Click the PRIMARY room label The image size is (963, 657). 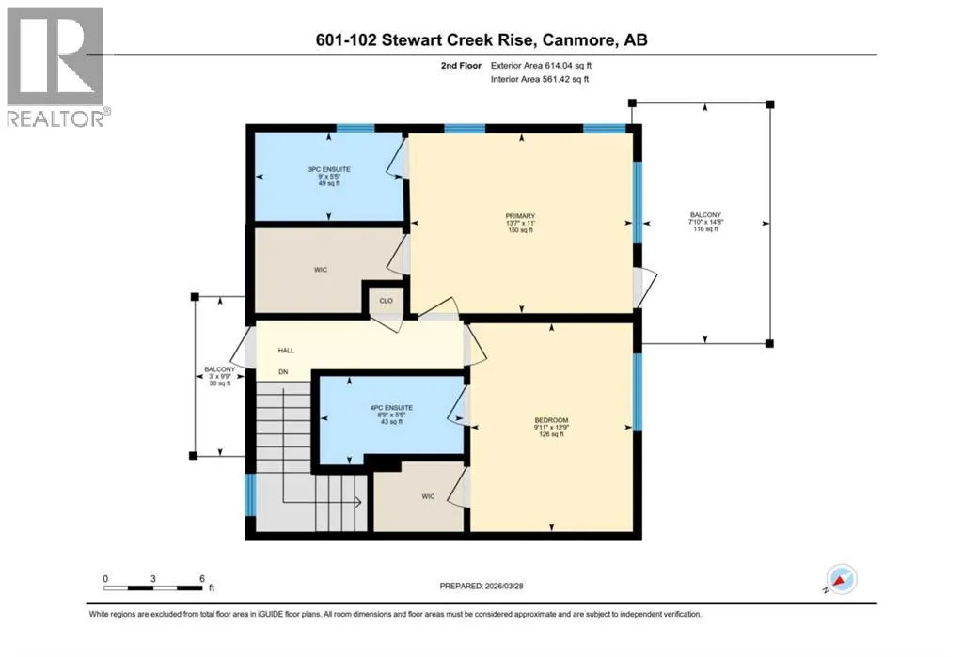coord(520,216)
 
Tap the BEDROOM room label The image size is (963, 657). coord(551,420)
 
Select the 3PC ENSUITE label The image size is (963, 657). coord(329,169)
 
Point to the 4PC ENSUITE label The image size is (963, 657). coord(391,408)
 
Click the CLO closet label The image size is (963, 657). coord(386,301)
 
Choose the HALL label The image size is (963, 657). coord(286,351)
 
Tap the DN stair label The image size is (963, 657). coord(283,372)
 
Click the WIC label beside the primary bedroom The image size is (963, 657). coord(321,270)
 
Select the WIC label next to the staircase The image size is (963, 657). coord(428,496)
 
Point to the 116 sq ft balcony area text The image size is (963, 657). coord(705,229)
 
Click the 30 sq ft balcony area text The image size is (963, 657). coord(220,383)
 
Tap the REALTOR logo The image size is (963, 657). coord(55,67)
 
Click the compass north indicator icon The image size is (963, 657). coord(841,579)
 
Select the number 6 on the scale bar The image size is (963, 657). coord(202,578)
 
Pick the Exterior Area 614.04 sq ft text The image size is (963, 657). coord(541,65)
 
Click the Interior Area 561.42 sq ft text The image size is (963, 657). coord(540,79)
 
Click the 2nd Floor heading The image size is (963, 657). coord(461,65)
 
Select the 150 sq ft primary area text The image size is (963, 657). coord(520,230)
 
